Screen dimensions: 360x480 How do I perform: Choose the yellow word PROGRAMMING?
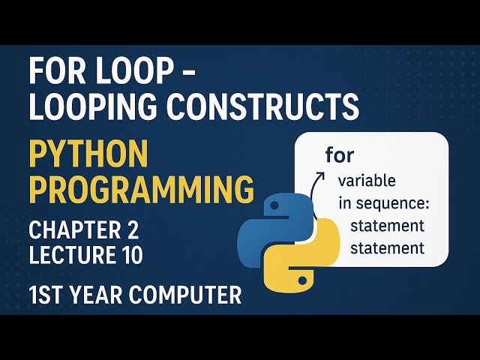click(x=141, y=190)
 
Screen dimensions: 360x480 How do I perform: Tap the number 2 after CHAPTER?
click(x=133, y=229)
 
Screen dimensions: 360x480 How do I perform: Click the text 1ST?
click(x=49, y=295)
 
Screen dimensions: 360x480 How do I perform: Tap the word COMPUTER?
click(x=187, y=295)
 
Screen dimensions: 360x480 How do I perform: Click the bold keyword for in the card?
click(x=340, y=155)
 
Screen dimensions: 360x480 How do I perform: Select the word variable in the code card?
click(x=367, y=181)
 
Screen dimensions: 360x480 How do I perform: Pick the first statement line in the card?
click(x=388, y=225)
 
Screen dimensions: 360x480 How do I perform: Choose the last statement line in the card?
click(x=388, y=247)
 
